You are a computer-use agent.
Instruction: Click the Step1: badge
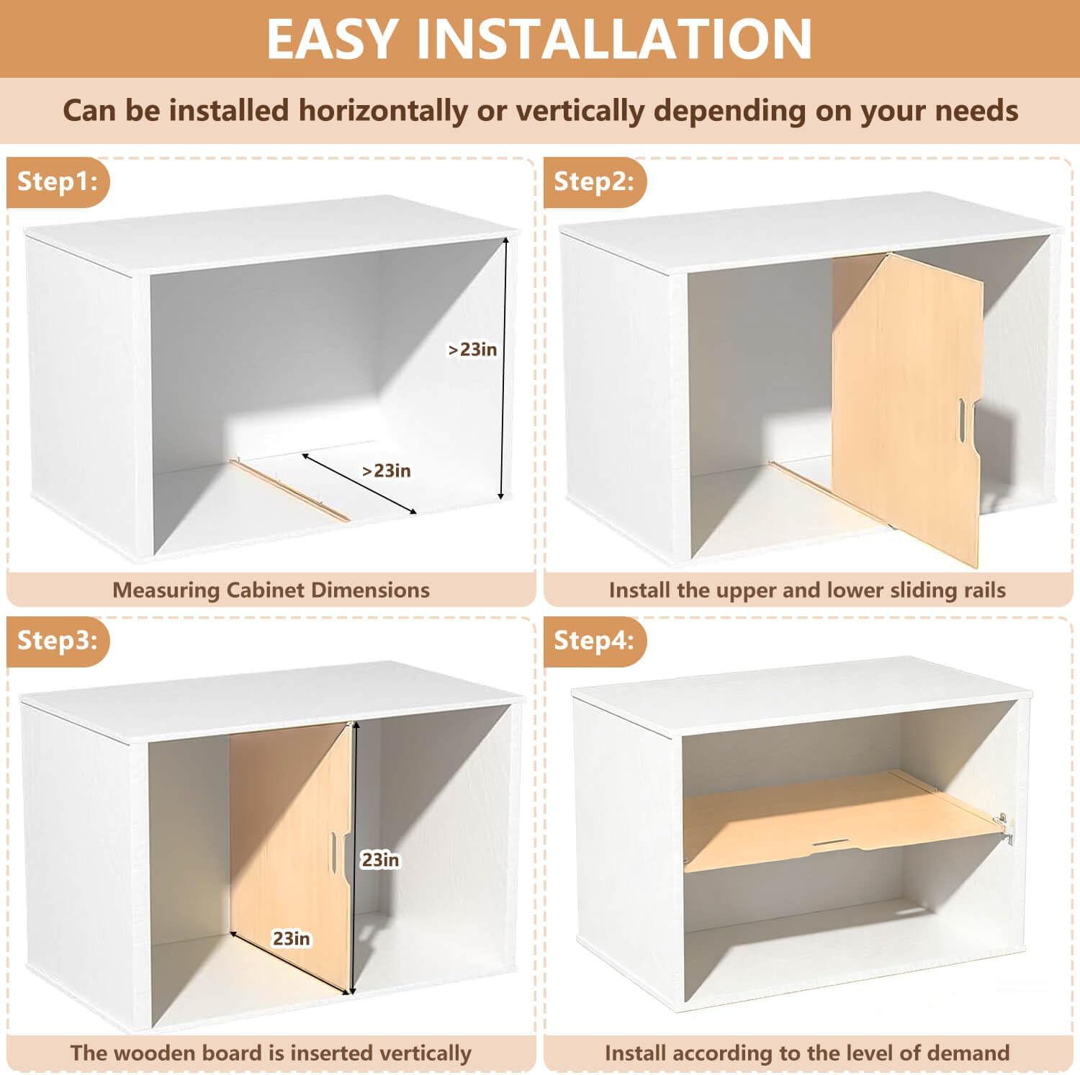point(58,181)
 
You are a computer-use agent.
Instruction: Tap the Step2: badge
point(595,181)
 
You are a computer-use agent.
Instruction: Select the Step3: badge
point(58,640)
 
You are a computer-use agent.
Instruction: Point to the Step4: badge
point(595,640)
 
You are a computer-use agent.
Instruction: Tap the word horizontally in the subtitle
point(382,111)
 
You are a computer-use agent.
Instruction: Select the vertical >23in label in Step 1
point(472,349)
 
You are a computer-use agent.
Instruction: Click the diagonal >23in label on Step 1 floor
point(387,471)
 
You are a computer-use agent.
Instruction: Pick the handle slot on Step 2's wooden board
point(963,420)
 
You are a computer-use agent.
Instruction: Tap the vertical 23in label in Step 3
point(380,860)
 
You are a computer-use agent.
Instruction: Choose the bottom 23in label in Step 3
point(291,938)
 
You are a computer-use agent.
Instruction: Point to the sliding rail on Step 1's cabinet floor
point(289,489)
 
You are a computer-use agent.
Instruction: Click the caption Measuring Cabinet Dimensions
point(271,590)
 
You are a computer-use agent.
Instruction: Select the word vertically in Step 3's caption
point(426,1053)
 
